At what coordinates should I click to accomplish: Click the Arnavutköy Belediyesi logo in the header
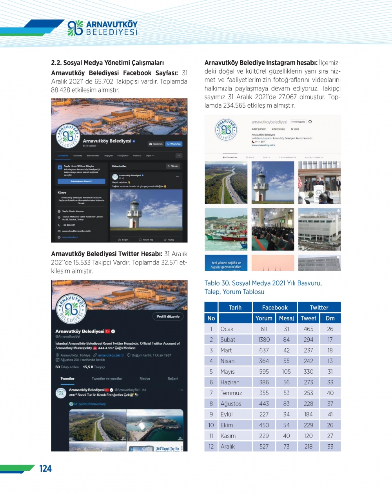103,28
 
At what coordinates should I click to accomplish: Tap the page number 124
45,469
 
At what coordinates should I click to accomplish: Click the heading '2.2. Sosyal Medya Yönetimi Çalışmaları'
107,63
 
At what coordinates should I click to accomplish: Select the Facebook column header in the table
274,308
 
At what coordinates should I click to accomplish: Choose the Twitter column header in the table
319,308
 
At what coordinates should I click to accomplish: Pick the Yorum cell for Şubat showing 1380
264,340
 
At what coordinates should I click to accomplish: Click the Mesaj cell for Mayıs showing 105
286,371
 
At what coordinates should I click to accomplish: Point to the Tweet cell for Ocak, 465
309,329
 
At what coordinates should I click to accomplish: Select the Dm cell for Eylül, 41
330,414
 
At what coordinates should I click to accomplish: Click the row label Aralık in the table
228,447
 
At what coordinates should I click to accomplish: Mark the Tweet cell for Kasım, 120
309,436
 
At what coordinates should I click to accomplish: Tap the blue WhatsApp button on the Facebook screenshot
174,144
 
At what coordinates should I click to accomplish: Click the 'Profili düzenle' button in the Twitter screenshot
168,317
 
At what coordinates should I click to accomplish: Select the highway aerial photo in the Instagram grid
226,183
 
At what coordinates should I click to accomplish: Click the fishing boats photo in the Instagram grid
226,229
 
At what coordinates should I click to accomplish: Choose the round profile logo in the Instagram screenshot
226,130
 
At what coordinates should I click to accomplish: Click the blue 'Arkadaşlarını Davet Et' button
82,181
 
